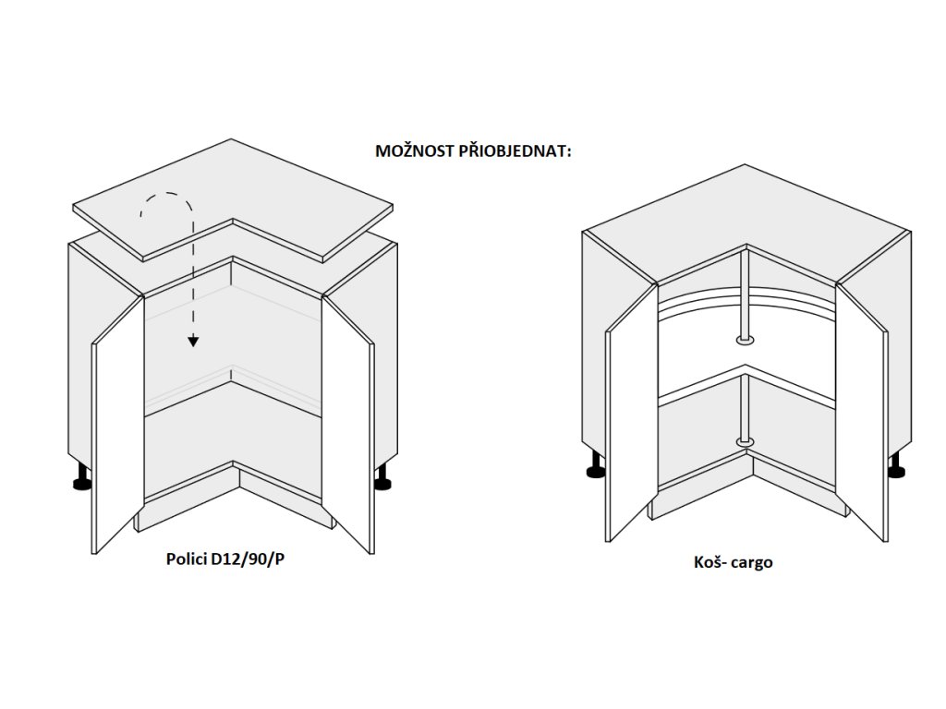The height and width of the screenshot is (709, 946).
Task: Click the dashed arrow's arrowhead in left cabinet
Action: point(193,341)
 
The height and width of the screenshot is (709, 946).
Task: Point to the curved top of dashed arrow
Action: point(167,197)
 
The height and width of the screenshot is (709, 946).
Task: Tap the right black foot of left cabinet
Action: point(382,479)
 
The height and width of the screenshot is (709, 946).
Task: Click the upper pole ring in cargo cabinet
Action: point(746,342)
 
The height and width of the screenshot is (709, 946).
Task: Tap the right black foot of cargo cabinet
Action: point(895,471)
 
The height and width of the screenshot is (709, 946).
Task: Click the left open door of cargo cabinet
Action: point(630,425)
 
